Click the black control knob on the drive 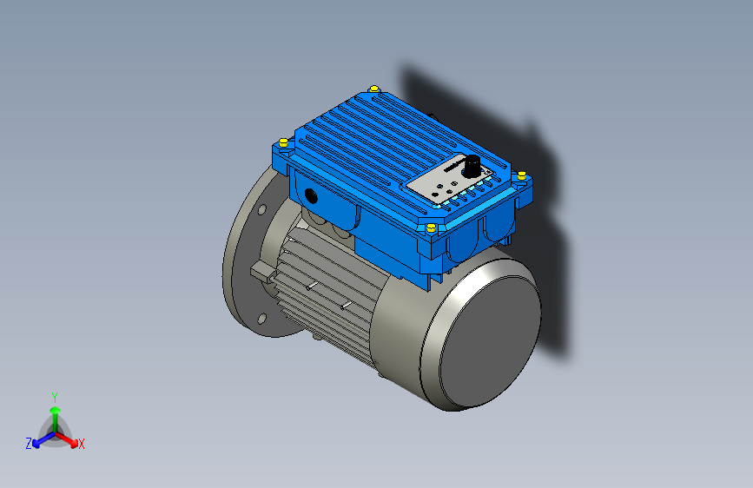[474, 165]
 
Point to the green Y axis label [54, 396]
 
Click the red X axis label [82, 445]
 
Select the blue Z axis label [29, 444]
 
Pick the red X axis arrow [69, 439]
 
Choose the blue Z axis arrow [40, 439]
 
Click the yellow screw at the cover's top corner [374, 89]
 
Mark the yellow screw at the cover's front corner [431, 227]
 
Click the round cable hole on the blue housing [311, 195]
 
